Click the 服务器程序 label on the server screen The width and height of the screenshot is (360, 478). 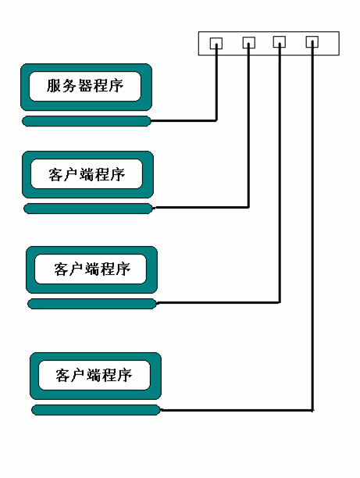(x=85, y=86)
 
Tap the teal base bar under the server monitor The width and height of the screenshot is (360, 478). (x=87, y=121)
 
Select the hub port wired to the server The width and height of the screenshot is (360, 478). (x=216, y=43)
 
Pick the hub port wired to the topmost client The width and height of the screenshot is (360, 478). (x=249, y=42)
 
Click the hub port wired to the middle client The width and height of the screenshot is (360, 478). (x=280, y=41)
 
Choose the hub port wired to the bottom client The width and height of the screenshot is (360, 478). (x=312, y=41)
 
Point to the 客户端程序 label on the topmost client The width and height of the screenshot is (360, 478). (x=87, y=175)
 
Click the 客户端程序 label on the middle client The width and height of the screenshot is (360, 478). (x=92, y=269)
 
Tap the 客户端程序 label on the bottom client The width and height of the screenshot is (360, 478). (x=94, y=375)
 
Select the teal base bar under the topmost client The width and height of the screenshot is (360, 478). (x=88, y=209)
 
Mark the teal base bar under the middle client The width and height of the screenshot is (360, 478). (x=92, y=304)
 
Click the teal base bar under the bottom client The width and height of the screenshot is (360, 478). (x=96, y=410)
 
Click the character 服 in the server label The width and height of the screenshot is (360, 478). (x=54, y=86)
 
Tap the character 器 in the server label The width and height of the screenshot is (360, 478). (x=85, y=86)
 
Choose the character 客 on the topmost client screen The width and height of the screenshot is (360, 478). (x=55, y=175)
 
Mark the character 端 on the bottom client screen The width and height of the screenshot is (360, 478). (x=94, y=375)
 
